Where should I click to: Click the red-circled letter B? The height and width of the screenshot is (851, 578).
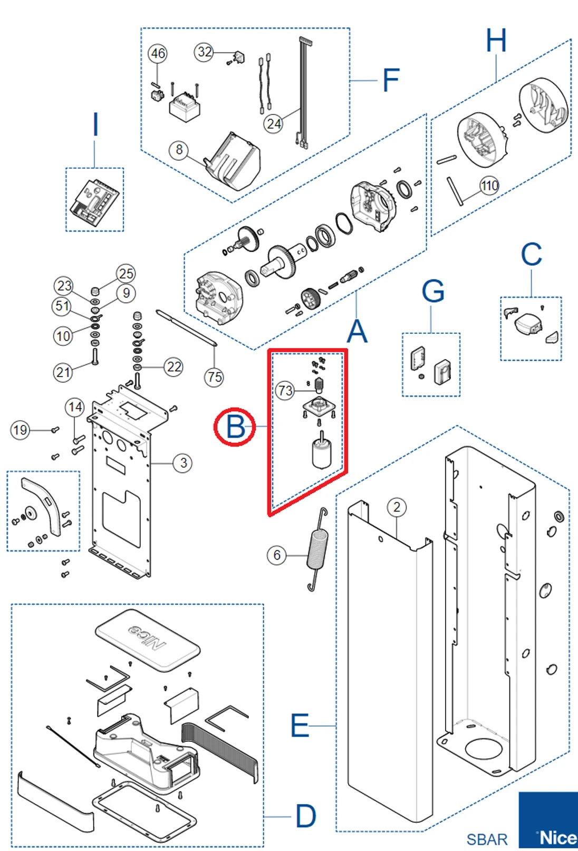pyautogui.click(x=235, y=427)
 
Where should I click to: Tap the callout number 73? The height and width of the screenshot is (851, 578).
pyautogui.click(x=285, y=391)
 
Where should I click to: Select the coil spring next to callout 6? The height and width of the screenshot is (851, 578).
pyautogui.click(x=318, y=550)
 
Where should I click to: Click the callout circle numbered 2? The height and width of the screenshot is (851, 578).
pyautogui.click(x=397, y=507)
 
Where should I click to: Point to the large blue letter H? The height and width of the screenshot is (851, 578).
pyautogui.click(x=496, y=41)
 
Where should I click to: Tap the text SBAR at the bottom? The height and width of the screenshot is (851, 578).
pyautogui.click(x=487, y=839)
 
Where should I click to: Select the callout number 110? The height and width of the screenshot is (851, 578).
pyautogui.click(x=489, y=186)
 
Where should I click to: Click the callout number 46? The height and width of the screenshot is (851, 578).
pyautogui.click(x=158, y=53)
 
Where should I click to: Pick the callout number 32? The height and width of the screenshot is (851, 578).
pyautogui.click(x=204, y=52)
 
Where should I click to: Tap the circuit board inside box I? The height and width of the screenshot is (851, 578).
pyautogui.click(x=94, y=200)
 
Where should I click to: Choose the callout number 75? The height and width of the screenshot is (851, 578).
pyautogui.click(x=214, y=377)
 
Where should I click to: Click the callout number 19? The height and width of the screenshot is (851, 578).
pyautogui.click(x=20, y=430)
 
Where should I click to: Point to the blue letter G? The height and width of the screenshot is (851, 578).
pyautogui.click(x=433, y=291)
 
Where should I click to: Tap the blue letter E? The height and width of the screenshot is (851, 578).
pyautogui.click(x=300, y=726)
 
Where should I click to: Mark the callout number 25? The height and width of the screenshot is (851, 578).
pyautogui.click(x=126, y=273)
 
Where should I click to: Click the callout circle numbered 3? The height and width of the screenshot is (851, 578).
pyautogui.click(x=183, y=463)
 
